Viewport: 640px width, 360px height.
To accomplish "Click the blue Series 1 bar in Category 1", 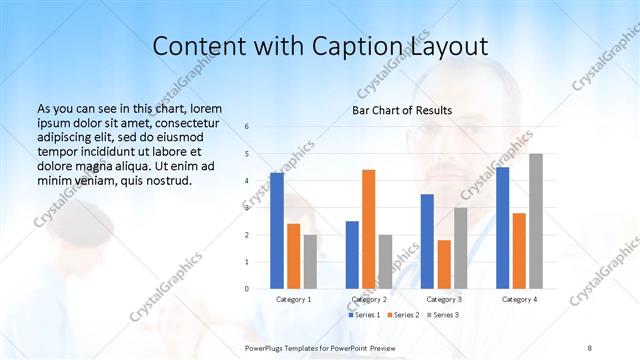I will pos(277,230).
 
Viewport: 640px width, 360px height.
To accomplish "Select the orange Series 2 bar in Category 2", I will pos(369,229).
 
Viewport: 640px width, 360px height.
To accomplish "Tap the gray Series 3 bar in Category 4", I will pos(536,221).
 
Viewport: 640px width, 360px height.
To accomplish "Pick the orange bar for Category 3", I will pos(444,264).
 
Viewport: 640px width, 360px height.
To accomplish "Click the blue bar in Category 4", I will pos(503,227).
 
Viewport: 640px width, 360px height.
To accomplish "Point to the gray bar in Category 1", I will pos(310,261).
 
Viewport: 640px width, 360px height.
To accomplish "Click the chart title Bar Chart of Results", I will pos(401,110).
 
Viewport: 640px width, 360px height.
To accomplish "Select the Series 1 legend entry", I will pos(365,315).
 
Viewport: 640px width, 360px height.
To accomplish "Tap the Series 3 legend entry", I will pos(444,315).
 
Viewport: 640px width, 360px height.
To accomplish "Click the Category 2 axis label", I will pos(369,299).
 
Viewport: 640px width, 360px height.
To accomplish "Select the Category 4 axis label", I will pos(519,299).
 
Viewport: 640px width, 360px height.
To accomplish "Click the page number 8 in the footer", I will pos(590,348).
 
